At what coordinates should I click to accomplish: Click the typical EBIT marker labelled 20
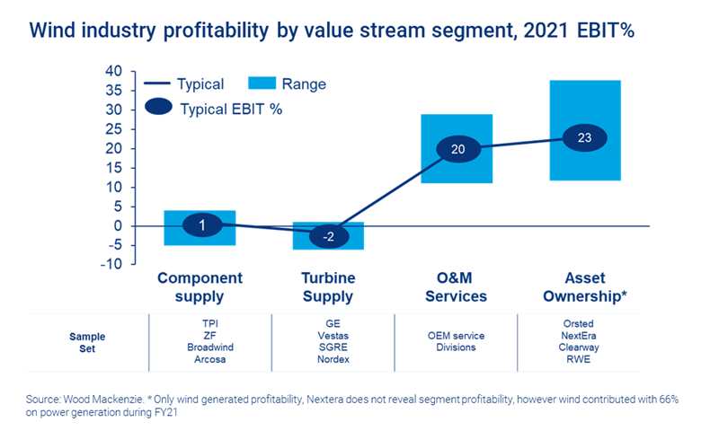tap(457, 149)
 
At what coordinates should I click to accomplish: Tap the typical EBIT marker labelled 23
tap(585, 138)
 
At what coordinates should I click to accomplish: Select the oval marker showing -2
tap(329, 236)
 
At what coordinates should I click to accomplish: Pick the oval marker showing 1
tap(202, 225)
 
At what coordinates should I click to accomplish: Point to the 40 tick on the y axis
tap(113, 71)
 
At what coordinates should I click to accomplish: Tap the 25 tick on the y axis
tap(113, 129)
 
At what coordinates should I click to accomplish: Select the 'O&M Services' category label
tap(457, 287)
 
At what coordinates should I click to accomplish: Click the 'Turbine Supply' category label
tap(329, 287)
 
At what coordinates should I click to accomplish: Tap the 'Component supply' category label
tap(200, 287)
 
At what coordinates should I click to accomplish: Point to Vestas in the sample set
tap(329, 334)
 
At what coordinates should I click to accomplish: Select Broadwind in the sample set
tap(201, 347)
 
